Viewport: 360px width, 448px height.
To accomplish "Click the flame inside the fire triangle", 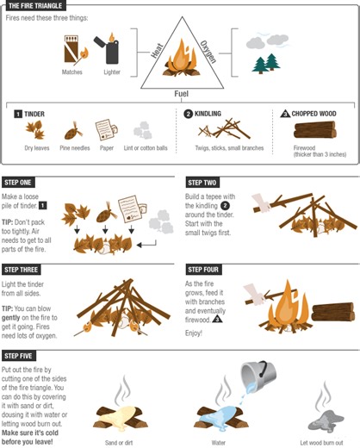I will click(x=182, y=61).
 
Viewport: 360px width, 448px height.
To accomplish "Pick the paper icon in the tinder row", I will click(x=105, y=130).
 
